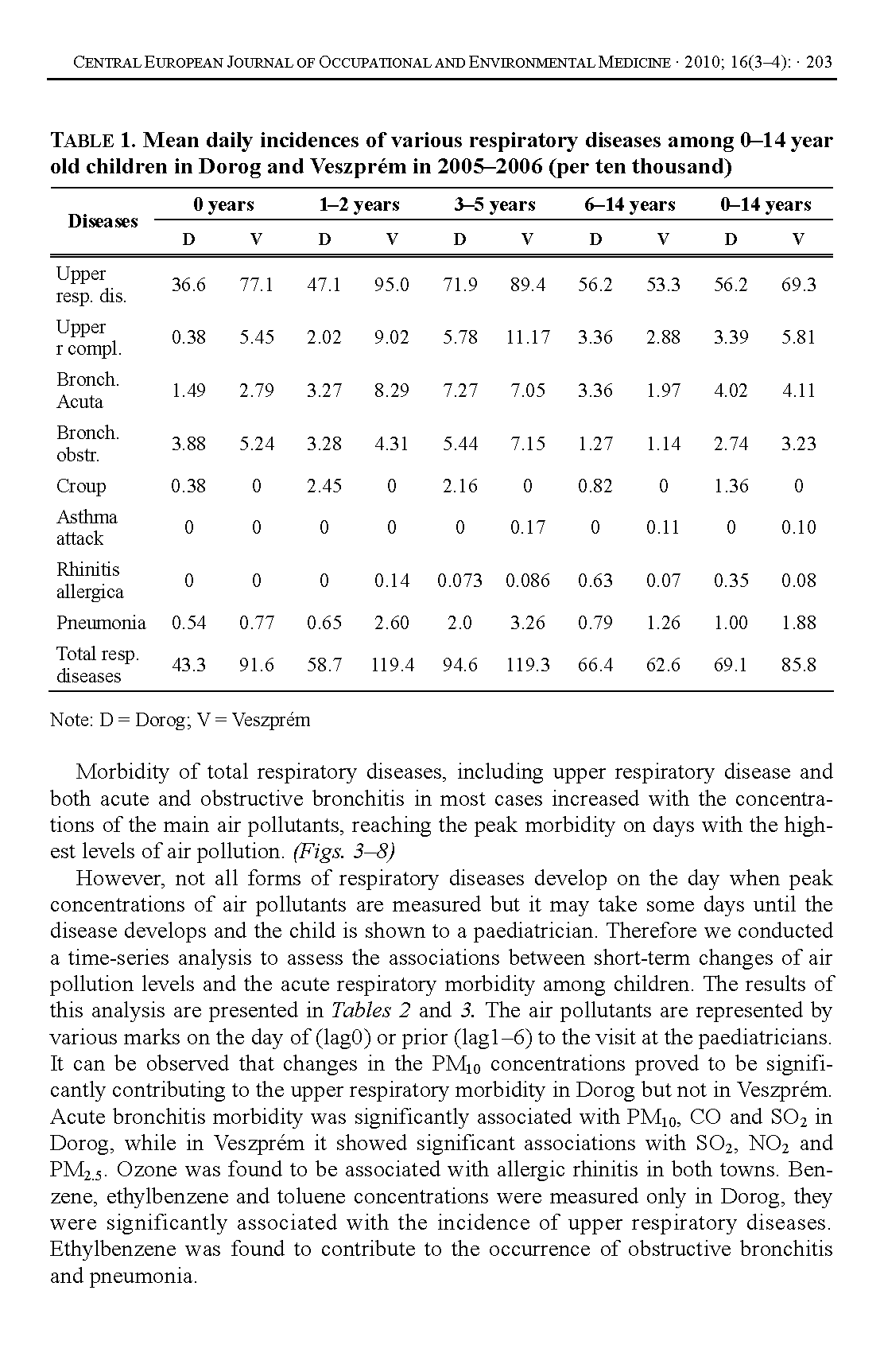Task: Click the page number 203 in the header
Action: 819,62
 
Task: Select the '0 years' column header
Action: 223,204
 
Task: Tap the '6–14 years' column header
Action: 630,204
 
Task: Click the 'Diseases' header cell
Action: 103,221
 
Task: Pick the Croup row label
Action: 81,486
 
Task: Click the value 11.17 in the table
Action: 528,337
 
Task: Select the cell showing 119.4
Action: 392,665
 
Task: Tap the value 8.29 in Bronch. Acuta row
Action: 392,391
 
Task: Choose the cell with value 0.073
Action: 459,581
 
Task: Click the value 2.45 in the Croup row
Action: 324,486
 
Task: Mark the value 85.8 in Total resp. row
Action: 798,665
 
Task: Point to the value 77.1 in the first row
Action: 256,285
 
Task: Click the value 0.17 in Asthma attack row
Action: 528,527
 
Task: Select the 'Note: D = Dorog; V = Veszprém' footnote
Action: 180,721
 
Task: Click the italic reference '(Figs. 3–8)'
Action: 344,852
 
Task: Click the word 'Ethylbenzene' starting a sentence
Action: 114,1250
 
